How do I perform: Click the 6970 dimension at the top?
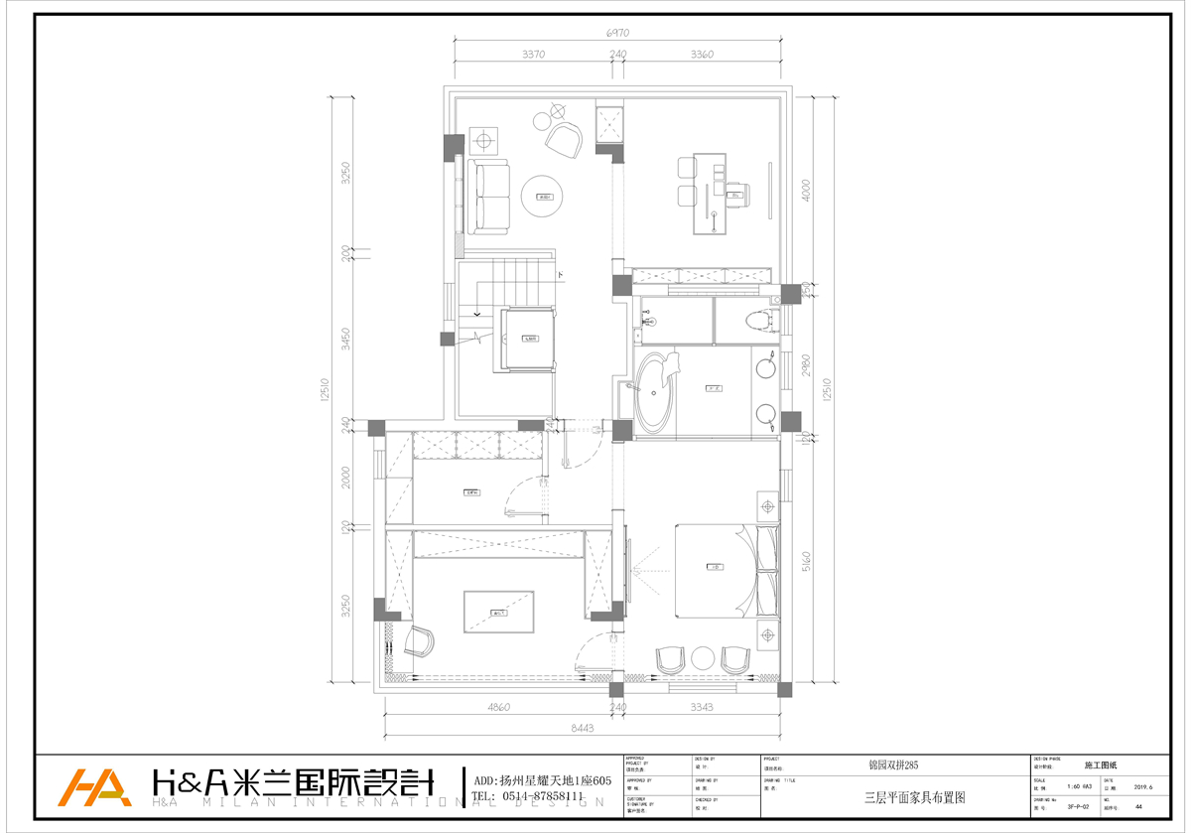[x=618, y=33]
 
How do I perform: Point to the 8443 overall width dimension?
[x=583, y=727]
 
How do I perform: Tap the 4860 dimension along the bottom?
[x=499, y=707]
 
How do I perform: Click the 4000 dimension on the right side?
[x=807, y=190]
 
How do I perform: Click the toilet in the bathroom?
[x=756, y=320]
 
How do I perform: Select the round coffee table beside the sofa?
[x=544, y=199]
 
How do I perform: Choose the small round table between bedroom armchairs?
[x=704, y=658]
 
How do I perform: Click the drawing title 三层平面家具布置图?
[x=914, y=796]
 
